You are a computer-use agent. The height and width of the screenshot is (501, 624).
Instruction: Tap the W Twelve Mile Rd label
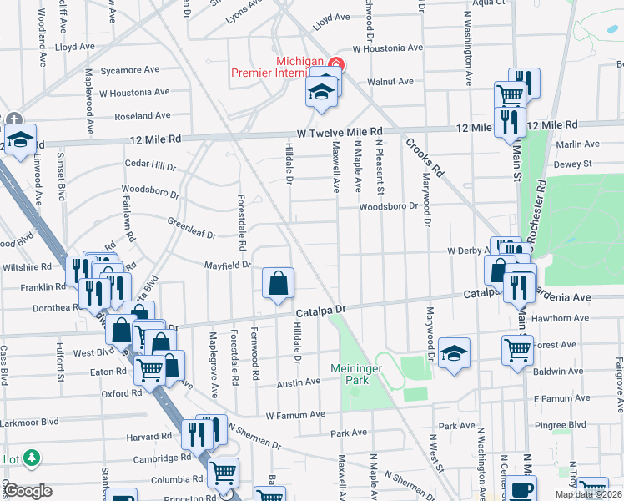click(x=340, y=132)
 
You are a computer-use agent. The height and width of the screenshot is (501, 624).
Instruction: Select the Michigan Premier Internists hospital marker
click(x=335, y=63)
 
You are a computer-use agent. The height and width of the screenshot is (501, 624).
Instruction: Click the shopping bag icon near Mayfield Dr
click(x=278, y=284)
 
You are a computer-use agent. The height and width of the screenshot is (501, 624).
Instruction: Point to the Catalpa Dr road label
click(x=321, y=311)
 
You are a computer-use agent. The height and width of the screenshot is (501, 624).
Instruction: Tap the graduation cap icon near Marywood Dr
click(x=455, y=352)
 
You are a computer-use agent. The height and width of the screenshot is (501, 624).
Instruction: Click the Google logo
click(x=28, y=491)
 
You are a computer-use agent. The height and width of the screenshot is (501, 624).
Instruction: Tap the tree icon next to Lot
click(x=32, y=458)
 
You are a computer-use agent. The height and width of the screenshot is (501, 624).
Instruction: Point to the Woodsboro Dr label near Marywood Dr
click(x=388, y=206)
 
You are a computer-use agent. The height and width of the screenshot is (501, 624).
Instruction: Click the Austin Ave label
click(x=299, y=382)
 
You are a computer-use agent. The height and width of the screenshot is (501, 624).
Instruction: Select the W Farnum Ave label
click(x=295, y=414)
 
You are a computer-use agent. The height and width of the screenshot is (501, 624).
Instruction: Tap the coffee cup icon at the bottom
click(x=522, y=491)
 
